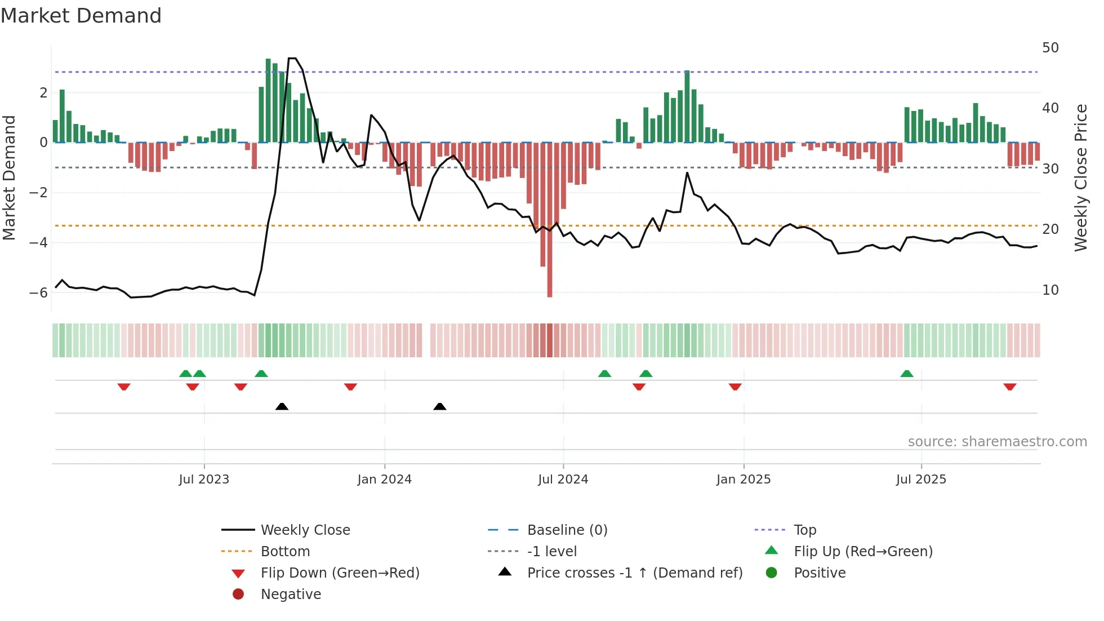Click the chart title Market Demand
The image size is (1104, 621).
[x=81, y=16]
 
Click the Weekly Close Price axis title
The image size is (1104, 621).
[x=1080, y=178]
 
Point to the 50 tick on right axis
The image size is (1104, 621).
[x=1050, y=48]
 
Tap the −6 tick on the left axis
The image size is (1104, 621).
[x=38, y=292]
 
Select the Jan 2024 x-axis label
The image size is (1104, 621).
[x=384, y=480]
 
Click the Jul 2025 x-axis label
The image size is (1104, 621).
[x=921, y=480]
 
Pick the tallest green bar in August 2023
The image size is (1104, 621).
[x=268, y=101]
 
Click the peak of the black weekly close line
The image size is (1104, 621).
[x=292, y=59]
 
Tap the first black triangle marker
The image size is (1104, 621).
[x=282, y=406]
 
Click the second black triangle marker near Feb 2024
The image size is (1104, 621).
[x=440, y=406]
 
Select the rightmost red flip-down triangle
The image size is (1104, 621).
[x=1009, y=387]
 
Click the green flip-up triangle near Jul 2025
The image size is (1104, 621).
[x=906, y=374]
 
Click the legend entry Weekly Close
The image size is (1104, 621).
[x=305, y=530]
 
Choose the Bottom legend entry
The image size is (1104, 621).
[x=285, y=552]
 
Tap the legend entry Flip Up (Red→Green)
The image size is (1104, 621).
[x=863, y=552]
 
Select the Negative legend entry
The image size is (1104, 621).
[x=291, y=595]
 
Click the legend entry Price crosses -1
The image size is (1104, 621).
[x=634, y=573]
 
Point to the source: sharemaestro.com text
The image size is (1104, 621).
[x=997, y=442]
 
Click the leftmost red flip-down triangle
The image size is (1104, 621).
[x=124, y=387]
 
